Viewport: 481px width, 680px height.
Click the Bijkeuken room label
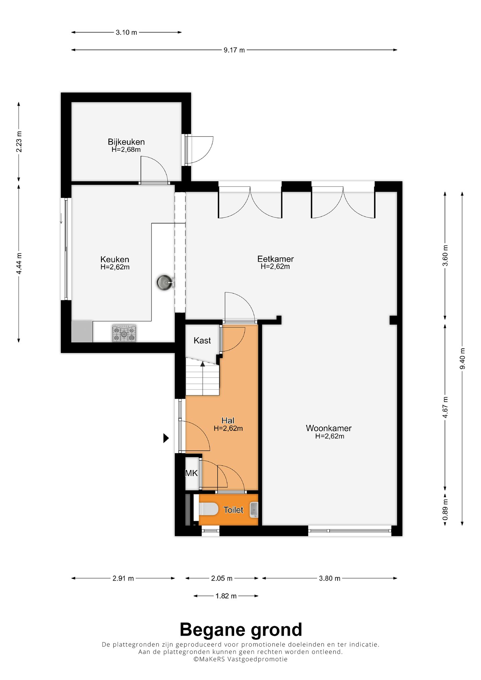(x=126, y=142)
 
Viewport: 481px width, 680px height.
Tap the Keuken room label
(x=115, y=259)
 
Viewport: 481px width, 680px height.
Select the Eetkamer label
(x=275, y=259)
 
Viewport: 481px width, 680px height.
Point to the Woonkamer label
(x=329, y=428)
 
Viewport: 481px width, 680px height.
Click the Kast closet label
(x=202, y=341)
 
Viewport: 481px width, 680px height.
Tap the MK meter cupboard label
(x=191, y=473)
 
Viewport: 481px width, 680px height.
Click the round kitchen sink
(x=165, y=282)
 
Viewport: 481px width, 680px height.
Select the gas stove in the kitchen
(x=124, y=333)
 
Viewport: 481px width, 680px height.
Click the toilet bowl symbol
(x=208, y=509)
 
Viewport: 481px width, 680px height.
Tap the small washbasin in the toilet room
(x=254, y=510)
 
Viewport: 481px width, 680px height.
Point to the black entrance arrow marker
(x=166, y=438)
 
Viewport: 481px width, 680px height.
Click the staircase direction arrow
(x=203, y=378)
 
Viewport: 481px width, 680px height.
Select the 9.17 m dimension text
(x=234, y=50)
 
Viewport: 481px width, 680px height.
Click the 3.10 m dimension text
(x=126, y=32)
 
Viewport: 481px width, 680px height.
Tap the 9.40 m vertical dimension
(x=462, y=359)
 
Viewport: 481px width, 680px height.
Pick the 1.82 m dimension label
(x=226, y=596)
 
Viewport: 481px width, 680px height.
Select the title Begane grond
(x=241, y=630)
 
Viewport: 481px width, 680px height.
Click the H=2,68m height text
(x=126, y=150)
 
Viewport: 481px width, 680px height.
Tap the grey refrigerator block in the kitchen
(x=82, y=331)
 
